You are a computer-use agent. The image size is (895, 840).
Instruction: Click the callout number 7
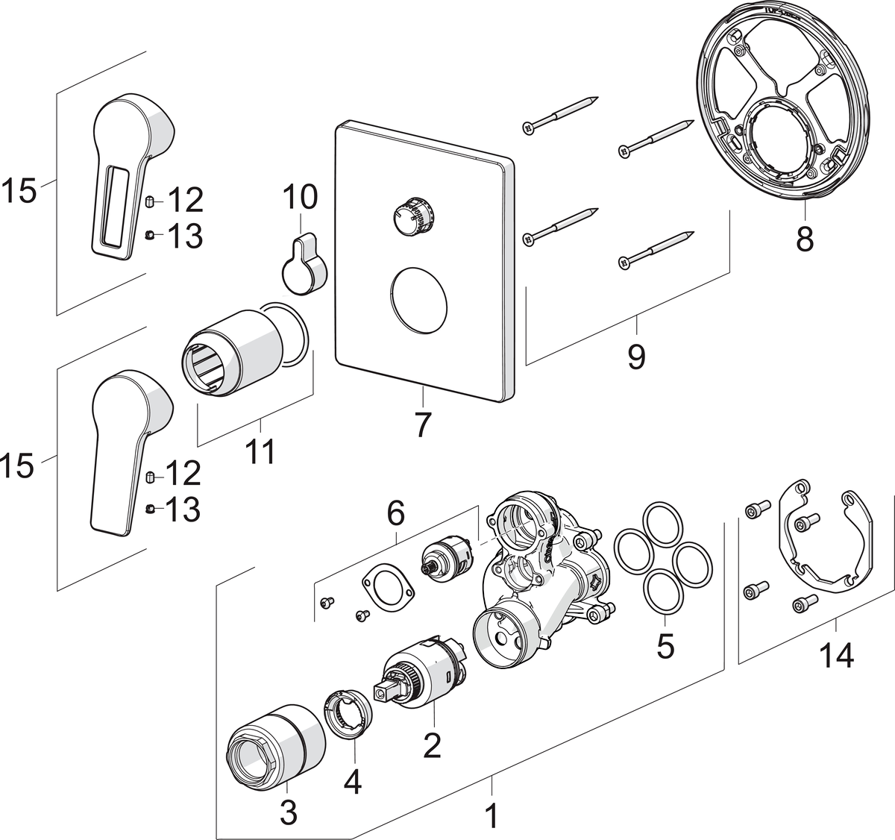click(x=422, y=424)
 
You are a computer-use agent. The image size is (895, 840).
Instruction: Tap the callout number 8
click(x=804, y=240)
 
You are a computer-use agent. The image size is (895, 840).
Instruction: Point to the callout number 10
click(x=300, y=198)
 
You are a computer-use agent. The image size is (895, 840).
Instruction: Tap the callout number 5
click(x=665, y=645)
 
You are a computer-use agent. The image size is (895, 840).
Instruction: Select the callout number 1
click(x=490, y=815)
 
